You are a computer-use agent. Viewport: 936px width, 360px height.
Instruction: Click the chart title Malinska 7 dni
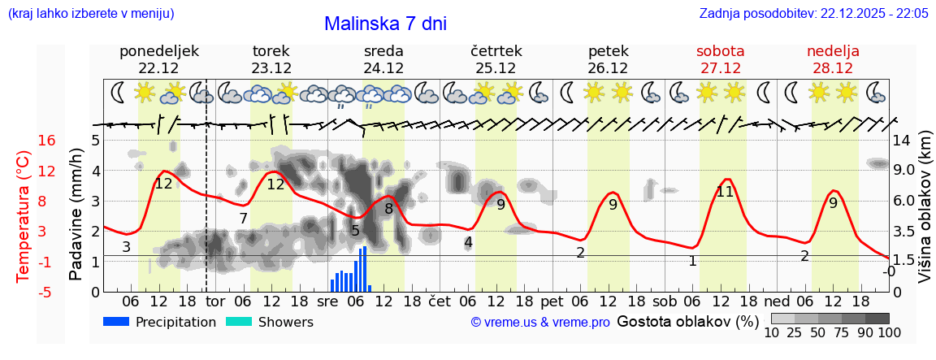pos(385,24)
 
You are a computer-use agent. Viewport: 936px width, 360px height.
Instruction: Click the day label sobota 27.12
pos(720,59)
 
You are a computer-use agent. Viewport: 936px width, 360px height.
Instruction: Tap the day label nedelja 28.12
pos(833,59)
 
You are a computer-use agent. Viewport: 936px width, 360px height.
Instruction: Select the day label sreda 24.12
pos(383,59)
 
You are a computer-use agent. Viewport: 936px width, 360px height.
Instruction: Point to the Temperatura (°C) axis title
pos(24,216)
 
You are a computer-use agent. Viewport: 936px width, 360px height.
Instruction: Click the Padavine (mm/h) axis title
pos(76,214)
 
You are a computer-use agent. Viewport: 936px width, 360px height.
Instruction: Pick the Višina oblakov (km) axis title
pos(925,216)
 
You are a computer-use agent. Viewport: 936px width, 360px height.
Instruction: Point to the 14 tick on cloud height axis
pos(901,141)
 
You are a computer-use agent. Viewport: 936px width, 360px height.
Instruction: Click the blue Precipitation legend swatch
pos(116,322)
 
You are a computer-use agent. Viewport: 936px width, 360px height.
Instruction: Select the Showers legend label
pos(285,322)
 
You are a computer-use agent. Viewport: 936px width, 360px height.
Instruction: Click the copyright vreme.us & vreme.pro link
pos(539,322)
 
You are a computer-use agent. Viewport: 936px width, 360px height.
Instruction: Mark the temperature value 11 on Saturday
pos(725,192)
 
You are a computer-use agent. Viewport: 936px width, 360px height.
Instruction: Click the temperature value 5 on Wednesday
pos(355,231)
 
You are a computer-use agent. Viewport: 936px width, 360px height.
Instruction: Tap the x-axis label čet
pos(439,301)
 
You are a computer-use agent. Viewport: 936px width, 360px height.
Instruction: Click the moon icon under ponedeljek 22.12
pos(119,93)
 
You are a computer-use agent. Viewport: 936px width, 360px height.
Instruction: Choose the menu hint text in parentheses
pos(91,14)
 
